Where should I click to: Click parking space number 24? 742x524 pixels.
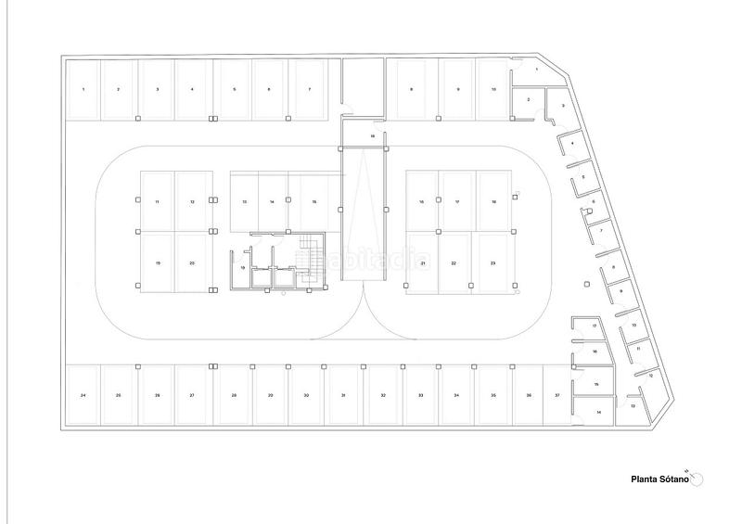[x=83, y=396]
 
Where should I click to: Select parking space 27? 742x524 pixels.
[x=192, y=396]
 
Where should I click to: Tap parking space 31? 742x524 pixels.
[x=343, y=396]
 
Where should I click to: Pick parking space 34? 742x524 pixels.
[x=456, y=396]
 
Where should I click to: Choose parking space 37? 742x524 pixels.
[x=557, y=396]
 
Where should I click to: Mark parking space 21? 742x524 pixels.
[x=423, y=264]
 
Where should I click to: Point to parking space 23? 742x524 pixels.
[x=493, y=264]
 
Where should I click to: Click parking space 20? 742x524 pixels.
[x=192, y=264]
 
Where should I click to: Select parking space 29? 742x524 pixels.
[x=270, y=396]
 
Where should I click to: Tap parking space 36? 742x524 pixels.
[x=529, y=396]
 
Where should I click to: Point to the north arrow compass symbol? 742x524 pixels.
[x=697, y=477]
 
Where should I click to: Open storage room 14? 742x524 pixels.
[x=598, y=411]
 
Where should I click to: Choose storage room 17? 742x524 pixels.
[x=594, y=327]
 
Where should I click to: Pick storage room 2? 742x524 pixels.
[x=528, y=99]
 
